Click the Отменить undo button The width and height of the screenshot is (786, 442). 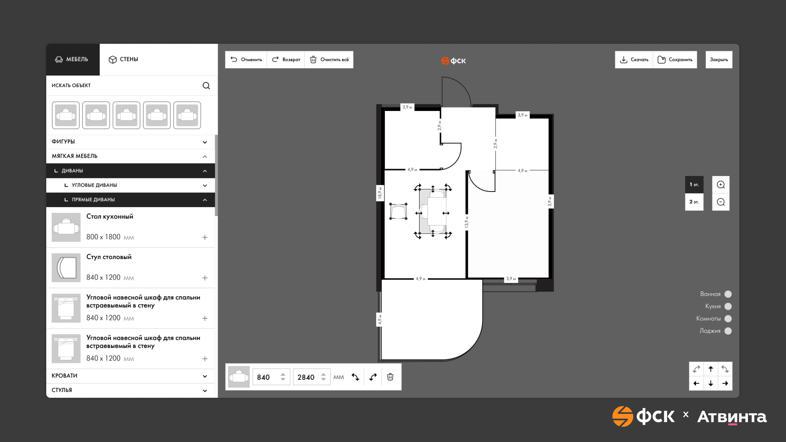pyautogui.click(x=246, y=60)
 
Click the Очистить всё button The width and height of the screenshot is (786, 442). pyautogui.click(x=329, y=60)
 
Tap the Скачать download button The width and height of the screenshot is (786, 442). pyautogui.click(x=634, y=60)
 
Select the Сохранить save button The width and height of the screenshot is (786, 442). pyautogui.click(x=675, y=60)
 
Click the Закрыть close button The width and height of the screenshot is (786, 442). pyautogui.click(x=719, y=60)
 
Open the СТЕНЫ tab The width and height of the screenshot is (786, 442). pyautogui.click(x=123, y=59)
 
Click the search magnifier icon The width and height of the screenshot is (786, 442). pyautogui.click(x=206, y=86)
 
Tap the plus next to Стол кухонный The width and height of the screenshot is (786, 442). pyautogui.click(x=205, y=237)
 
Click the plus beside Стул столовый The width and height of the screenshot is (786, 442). pyautogui.click(x=205, y=278)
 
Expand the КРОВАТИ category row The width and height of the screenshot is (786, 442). pyautogui.click(x=130, y=376)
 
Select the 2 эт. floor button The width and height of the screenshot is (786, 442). pyautogui.click(x=694, y=202)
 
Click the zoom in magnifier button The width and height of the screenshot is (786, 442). pyautogui.click(x=721, y=185)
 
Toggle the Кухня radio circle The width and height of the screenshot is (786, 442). pyautogui.click(x=728, y=307)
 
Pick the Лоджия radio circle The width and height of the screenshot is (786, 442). pyautogui.click(x=728, y=331)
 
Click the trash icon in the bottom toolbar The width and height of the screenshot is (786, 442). pyautogui.click(x=391, y=377)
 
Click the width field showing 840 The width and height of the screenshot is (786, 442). pyautogui.click(x=271, y=377)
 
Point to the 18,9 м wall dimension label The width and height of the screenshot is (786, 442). pyautogui.click(x=379, y=193)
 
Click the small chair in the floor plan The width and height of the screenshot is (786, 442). pyautogui.click(x=398, y=211)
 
